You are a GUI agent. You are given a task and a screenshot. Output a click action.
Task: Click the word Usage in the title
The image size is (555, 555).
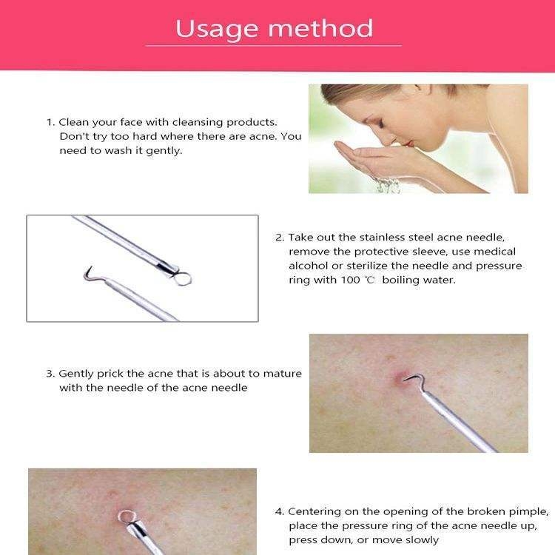click(217, 30)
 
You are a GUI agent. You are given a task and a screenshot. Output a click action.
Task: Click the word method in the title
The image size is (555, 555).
click(320, 28)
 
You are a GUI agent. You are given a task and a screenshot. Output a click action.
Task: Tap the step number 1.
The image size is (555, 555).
click(50, 122)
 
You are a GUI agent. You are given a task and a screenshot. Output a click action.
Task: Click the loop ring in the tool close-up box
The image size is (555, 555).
click(183, 278)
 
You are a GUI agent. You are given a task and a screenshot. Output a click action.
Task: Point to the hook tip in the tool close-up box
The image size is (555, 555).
click(91, 267)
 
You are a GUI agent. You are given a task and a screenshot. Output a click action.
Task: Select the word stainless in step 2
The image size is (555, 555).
click(382, 237)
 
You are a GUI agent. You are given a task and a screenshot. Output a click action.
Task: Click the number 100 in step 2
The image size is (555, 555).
click(351, 280)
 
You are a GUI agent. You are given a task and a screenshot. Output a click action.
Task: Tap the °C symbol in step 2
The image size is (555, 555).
click(369, 280)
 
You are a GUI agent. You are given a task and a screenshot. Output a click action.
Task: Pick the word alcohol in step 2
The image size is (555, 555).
click(309, 266)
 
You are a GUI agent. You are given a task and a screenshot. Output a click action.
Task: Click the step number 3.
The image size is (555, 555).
click(50, 374)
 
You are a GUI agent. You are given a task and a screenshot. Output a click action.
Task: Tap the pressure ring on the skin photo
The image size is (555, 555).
click(125, 516)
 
